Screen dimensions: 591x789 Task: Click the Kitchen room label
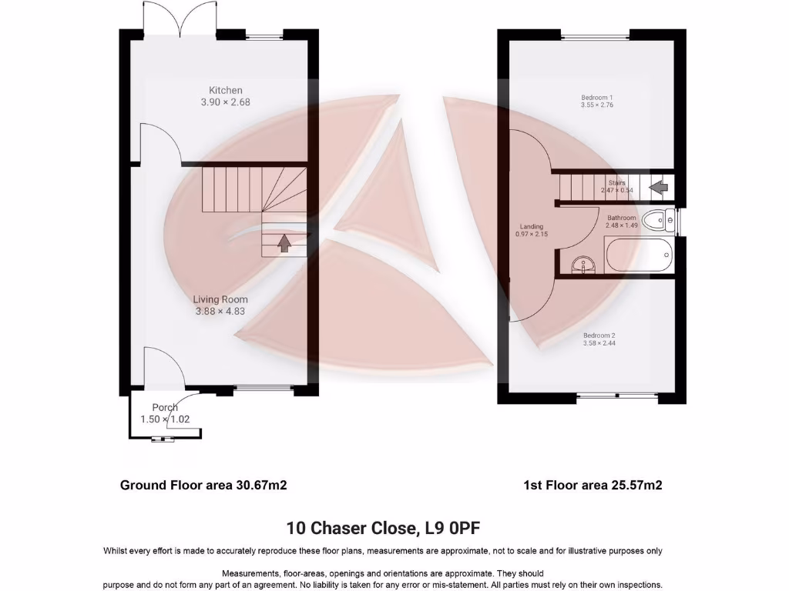tap(225, 90)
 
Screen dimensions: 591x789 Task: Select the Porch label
tap(165, 407)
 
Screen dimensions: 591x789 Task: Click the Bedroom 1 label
tap(596, 98)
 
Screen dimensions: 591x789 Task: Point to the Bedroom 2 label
tap(599, 336)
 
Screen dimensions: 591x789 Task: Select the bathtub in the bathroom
tap(638, 255)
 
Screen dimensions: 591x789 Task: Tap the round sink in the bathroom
tap(583, 266)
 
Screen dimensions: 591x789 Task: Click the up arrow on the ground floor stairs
tap(284, 243)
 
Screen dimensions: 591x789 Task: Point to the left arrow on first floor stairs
tap(659, 186)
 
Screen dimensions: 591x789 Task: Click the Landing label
tap(531, 226)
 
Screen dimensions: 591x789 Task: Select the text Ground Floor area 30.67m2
tap(203, 485)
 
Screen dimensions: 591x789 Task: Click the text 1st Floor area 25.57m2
tap(593, 485)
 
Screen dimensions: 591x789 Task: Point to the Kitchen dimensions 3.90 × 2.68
tap(225, 102)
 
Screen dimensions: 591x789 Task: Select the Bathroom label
tap(621, 218)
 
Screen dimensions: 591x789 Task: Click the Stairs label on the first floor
tap(616, 182)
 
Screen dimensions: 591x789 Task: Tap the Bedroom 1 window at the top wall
tap(595, 35)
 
